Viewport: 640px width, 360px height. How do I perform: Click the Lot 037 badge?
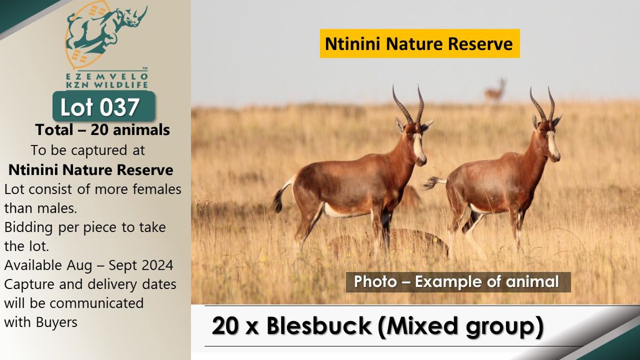pos(103,107)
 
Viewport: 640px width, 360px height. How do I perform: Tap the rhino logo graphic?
pos(106,34)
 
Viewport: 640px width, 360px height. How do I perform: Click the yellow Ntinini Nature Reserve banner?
pos(420,43)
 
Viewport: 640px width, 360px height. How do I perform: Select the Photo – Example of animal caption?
pos(458,282)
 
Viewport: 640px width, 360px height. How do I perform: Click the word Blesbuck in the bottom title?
pos(319,326)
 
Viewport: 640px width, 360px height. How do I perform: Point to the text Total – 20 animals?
pos(102,130)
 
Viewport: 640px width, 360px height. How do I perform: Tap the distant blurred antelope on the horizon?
pos(495,91)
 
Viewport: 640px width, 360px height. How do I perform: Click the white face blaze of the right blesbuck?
pos(554,146)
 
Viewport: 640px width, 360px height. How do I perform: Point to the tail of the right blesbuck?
pos(434,182)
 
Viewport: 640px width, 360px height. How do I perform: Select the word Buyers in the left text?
pos(57,323)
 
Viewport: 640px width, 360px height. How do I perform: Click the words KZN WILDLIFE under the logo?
pos(107,85)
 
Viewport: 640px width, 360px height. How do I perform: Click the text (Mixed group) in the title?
pos(460,326)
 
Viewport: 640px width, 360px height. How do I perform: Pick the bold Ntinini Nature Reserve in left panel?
pos(91,170)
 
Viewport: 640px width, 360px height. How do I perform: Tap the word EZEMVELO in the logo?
pos(107,77)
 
